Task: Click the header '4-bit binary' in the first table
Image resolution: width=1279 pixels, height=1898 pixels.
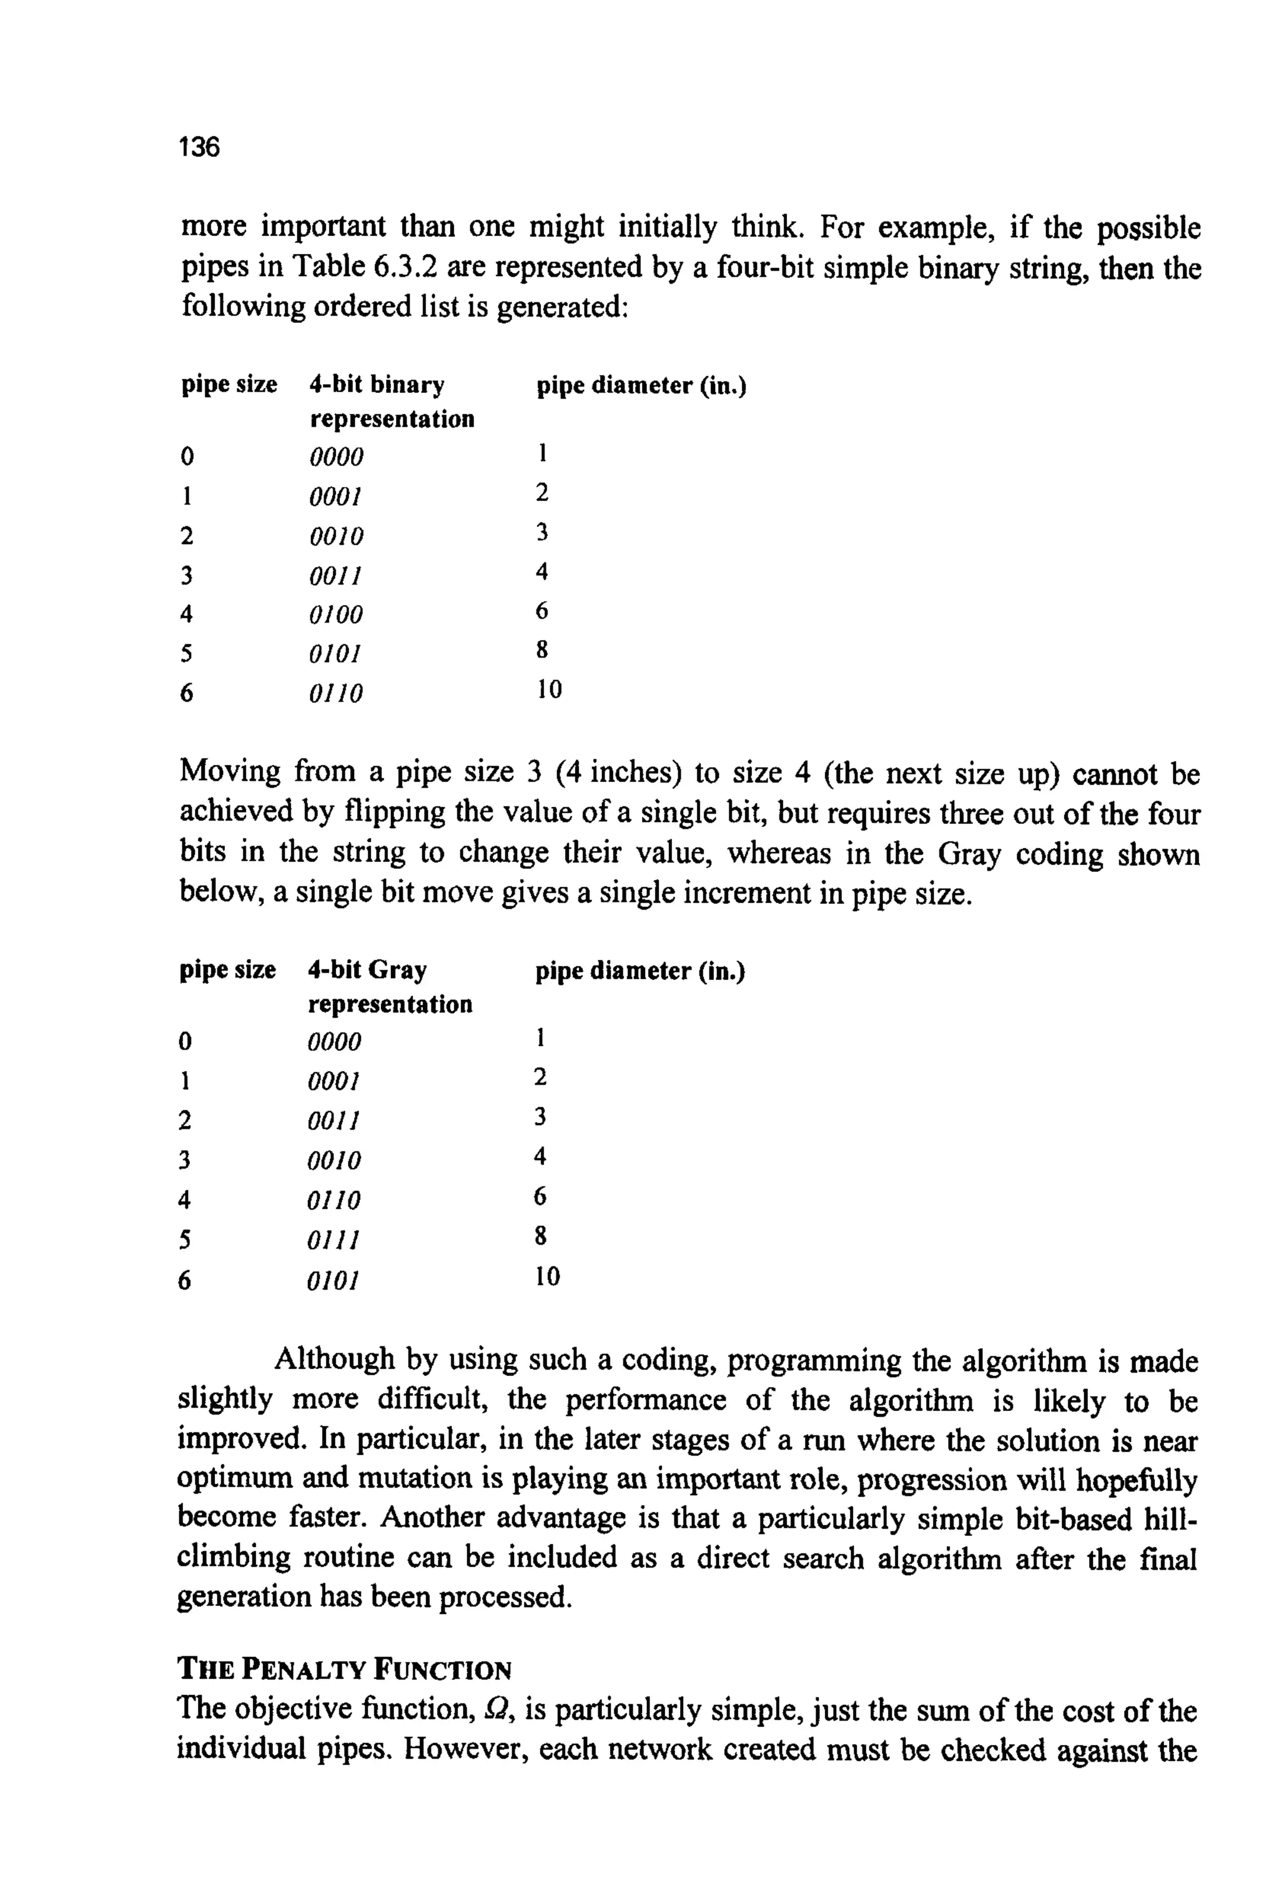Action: [377, 384]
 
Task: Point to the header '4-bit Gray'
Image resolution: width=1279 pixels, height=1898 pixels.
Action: [367, 970]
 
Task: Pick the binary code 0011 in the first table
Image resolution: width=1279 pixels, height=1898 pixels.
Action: [335, 576]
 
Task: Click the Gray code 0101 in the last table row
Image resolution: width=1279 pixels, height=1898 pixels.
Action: [333, 1280]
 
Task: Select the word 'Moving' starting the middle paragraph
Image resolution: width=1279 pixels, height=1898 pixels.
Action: [230, 771]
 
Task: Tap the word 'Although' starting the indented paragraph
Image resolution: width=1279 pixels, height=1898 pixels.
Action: [335, 1360]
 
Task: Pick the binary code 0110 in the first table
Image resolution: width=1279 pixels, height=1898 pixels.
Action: [336, 693]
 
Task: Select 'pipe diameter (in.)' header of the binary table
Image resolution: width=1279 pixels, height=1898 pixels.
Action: [641, 385]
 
